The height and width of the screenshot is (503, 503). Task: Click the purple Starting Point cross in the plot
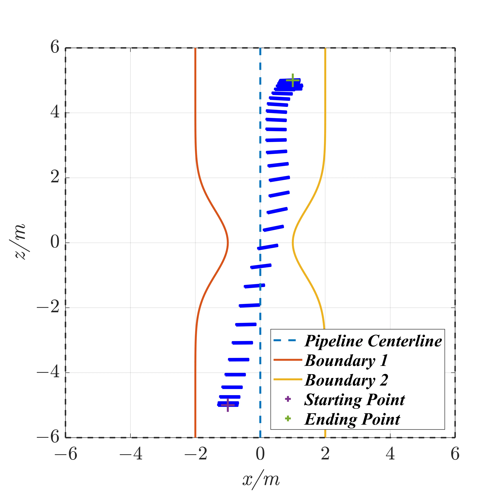tap(228, 405)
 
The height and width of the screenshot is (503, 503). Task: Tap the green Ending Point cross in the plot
tap(293, 80)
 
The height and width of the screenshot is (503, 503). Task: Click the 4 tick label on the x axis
tap(390, 454)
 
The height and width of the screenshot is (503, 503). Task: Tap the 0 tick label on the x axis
tap(260, 454)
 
